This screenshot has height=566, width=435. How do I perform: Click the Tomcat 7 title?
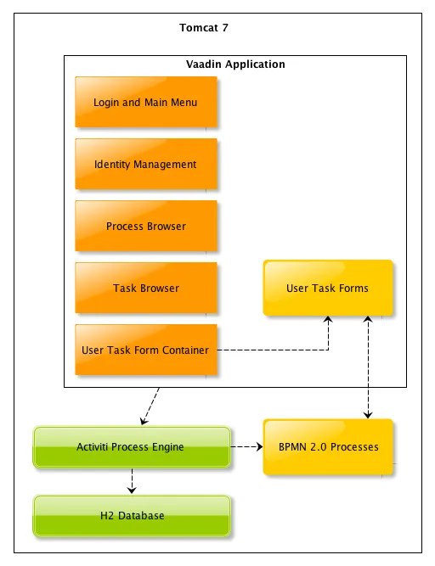point(204,28)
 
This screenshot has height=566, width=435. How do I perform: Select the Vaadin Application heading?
point(235,64)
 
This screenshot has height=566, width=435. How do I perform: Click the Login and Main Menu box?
point(145,103)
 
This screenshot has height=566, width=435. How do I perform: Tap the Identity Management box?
point(145,165)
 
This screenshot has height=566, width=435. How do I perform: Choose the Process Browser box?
point(145,227)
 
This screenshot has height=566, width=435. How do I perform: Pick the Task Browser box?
point(145,289)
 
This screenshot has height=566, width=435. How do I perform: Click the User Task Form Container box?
point(145,350)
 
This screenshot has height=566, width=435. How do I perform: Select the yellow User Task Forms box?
point(327,289)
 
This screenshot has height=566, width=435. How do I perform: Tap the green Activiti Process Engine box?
point(131,447)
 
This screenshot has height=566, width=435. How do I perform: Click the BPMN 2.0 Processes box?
point(328,446)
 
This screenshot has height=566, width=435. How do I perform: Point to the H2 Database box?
point(131,516)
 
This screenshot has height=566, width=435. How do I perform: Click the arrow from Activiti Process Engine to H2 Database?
point(131,481)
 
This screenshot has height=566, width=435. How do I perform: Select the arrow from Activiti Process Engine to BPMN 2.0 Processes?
point(246,447)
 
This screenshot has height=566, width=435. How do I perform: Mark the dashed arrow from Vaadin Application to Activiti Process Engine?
point(149,406)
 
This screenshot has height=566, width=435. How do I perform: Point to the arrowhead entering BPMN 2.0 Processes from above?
point(367,413)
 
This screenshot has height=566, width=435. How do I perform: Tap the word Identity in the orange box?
point(111,165)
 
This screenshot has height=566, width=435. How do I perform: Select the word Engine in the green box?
point(167,447)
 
